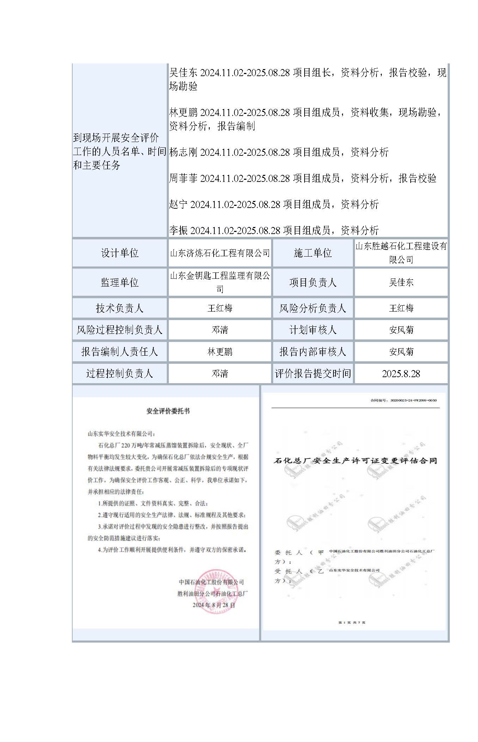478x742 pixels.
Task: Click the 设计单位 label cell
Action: click(119, 253)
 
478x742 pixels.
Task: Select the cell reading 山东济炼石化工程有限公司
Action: click(220, 253)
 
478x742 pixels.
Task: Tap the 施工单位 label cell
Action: click(313, 253)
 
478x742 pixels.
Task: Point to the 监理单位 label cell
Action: click(119, 282)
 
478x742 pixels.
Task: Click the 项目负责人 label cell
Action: click(313, 282)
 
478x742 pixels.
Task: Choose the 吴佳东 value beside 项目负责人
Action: click(401, 282)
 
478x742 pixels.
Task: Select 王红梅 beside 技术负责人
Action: click(220, 308)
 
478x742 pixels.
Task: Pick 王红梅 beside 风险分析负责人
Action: click(401, 308)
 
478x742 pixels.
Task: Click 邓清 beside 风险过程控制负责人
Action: click(220, 330)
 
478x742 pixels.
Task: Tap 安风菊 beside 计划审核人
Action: click(401, 330)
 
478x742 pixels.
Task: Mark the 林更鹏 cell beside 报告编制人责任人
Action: click(220, 352)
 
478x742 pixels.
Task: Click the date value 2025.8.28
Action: click(401, 374)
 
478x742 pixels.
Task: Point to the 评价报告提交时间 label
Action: click(313, 374)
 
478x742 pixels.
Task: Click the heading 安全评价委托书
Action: click(168, 411)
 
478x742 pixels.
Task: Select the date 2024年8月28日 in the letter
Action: click(214, 605)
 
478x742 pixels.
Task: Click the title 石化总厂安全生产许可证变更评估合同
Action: click(355, 461)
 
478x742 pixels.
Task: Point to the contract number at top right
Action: click(403, 400)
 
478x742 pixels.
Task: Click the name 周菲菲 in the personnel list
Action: click(183, 178)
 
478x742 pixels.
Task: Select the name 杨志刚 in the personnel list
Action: click(183, 152)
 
